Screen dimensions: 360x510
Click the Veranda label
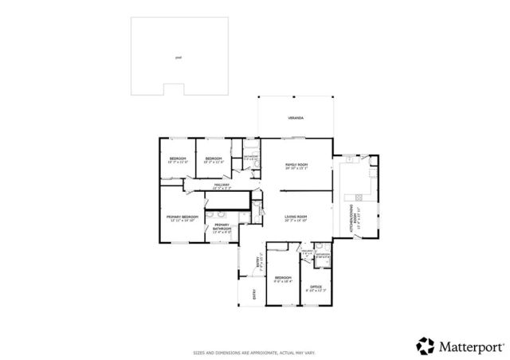296,118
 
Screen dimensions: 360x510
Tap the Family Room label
296,165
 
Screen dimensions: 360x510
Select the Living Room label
296,217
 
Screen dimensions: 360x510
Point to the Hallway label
222,185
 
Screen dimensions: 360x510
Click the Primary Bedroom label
182,217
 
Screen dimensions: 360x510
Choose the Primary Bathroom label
222,226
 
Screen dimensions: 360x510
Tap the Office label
316,287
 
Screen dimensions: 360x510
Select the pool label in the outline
178,57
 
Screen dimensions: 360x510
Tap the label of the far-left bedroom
177,158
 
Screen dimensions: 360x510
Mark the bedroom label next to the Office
283,278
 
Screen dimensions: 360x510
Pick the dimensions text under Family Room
296,169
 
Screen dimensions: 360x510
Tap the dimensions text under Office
316,291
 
